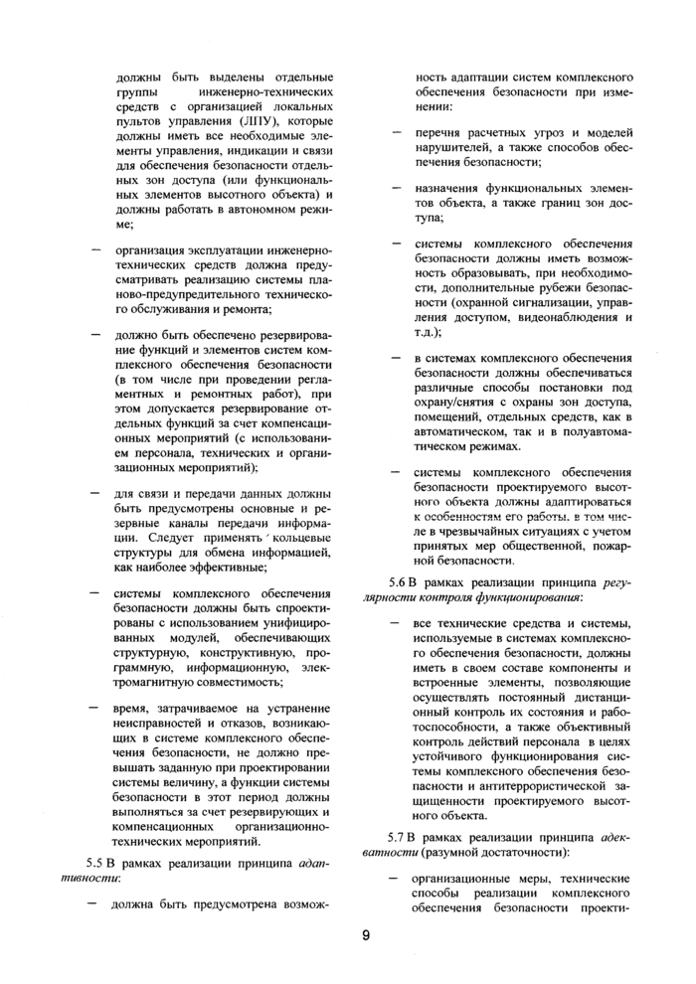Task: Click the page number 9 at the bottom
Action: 365,933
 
